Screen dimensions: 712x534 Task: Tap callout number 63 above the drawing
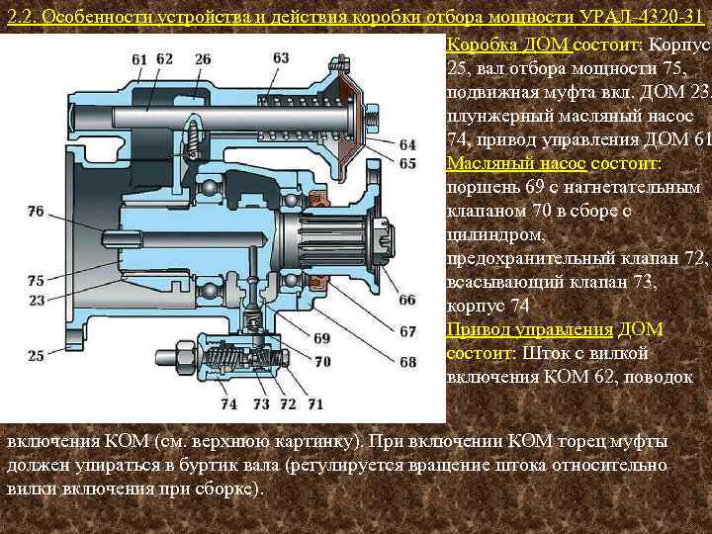point(281,58)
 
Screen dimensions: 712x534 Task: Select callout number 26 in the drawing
point(203,59)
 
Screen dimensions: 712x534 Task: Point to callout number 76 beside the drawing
point(37,211)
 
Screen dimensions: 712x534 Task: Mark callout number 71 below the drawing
point(314,404)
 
